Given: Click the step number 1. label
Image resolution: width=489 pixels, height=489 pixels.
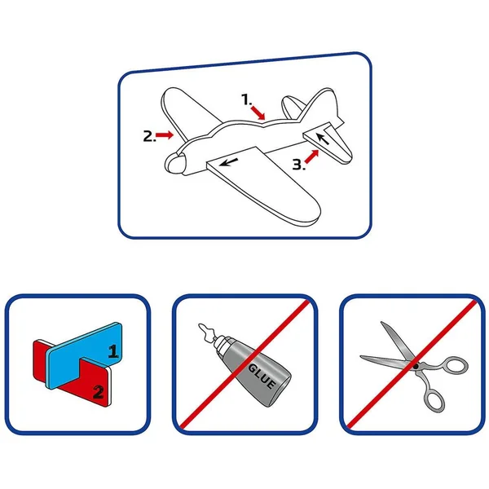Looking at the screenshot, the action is coord(246,99).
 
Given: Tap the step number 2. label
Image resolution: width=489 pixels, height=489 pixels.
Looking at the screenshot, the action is coord(149,136).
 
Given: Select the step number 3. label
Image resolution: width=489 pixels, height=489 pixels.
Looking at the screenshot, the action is coord(298,165).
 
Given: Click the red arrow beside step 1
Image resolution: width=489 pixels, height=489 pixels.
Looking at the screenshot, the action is coord(258,112).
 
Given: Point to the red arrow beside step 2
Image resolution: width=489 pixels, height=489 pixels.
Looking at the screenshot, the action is coord(165,134).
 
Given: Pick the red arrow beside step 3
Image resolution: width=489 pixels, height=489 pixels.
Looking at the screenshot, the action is coord(312,156).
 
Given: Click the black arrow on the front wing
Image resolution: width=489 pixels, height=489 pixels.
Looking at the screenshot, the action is coord(228,162).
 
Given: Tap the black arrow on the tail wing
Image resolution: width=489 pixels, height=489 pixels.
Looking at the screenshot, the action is coord(323,139).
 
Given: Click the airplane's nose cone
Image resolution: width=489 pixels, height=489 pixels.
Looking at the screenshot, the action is coord(175,163).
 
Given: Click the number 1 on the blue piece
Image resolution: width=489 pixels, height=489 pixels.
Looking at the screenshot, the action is coord(113,351).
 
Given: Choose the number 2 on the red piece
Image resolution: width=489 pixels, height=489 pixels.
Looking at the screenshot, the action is coord(99,392).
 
